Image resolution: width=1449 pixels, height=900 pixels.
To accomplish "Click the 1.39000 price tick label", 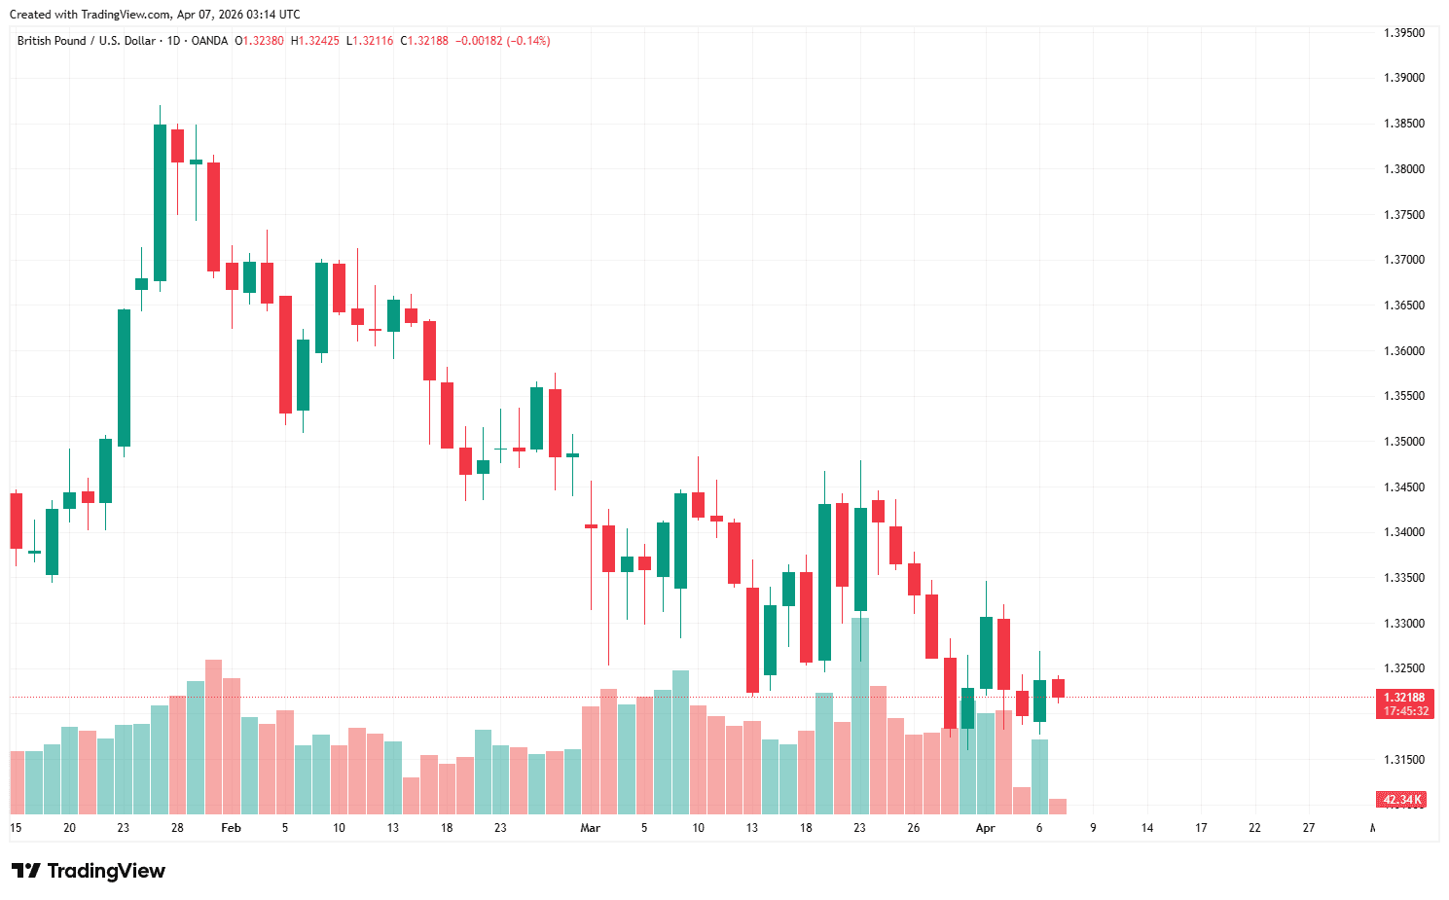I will (1403, 78).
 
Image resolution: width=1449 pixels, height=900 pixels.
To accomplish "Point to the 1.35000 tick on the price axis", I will (1403, 442).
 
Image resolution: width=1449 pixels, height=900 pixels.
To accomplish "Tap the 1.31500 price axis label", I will (1403, 760).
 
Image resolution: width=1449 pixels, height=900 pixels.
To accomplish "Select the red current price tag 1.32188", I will (1403, 698).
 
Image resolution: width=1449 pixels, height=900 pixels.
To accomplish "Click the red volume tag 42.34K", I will (1401, 800).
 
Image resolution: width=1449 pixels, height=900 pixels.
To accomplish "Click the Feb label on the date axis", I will (231, 828).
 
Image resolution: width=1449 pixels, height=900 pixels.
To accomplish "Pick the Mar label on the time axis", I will (590, 828).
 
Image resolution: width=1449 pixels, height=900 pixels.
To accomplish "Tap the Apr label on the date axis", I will (985, 828).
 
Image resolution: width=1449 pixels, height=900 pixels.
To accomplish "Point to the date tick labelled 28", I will (177, 828).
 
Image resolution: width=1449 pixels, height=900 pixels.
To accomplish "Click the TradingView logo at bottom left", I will (89, 871).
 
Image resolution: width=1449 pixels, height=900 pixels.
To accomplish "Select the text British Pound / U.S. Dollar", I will (86, 41).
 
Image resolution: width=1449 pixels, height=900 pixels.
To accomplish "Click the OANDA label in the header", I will (209, 41).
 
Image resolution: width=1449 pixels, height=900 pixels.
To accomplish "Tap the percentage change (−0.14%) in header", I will (528, 41).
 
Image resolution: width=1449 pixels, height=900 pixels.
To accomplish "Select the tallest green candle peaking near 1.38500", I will (160, 202).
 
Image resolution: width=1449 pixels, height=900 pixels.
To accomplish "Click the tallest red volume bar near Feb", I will (213, 737).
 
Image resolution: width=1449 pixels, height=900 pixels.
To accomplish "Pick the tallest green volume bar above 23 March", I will (860, 715).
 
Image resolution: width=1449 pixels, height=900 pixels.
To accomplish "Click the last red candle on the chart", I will (1058, 688).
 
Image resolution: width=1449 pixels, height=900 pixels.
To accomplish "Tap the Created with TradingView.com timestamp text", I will (155, 15).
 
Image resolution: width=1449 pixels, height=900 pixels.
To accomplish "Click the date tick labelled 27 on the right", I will (1308, 828).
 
